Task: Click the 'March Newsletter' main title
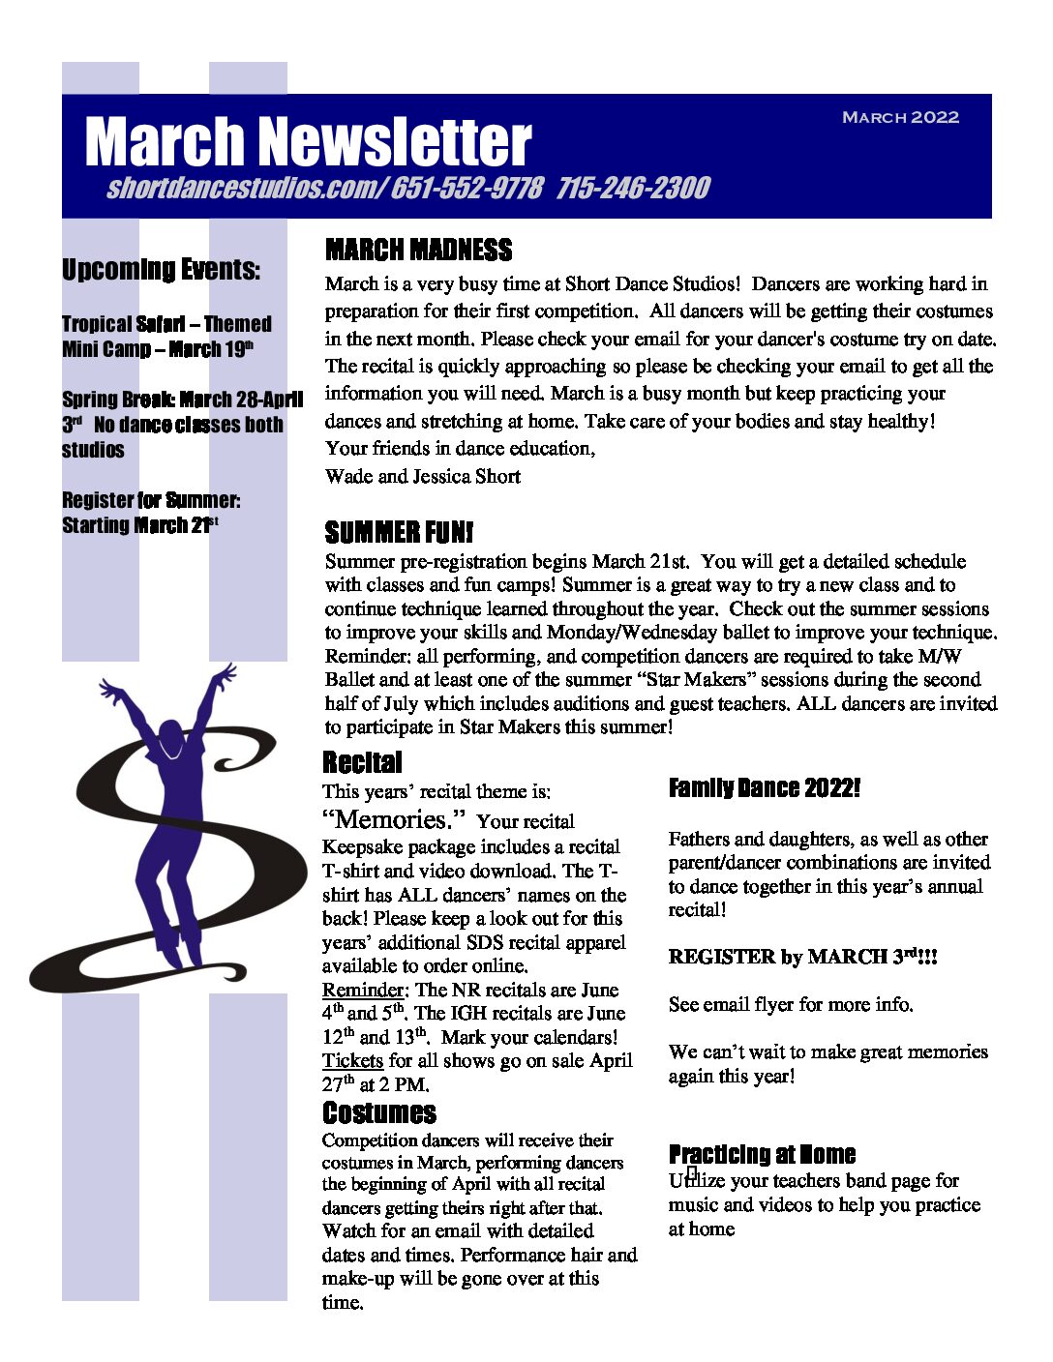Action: pyautogui.click(x=308, y=141)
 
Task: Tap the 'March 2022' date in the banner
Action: pyautogui.click(x=900, y=117)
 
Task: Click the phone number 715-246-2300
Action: pyautogui.click(x=633, y=188)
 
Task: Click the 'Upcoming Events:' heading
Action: pyautogui.click(x=161, y=269)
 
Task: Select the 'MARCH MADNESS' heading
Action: pyautogui.click(x=418, y=251)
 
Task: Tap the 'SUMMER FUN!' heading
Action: pyautogui.click(x=399, y=532)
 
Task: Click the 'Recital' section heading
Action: pyautogui.click(x=362, y=762)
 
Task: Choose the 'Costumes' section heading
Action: pyautogui.click(x=378, y=1112)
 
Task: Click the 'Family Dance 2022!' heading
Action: pyautogui.click(x=764, y=788)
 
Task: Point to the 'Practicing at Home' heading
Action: pyautogui.click(x=762, y=1154)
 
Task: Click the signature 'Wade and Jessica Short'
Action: pyautogui.click(x=423, y=476)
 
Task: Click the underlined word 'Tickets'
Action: pyautogui.click(x=352, y=1060)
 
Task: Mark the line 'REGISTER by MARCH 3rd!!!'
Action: pyautogui.click(x=802, y=957)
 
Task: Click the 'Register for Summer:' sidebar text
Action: pyautogui.click(x=151, y=500)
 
